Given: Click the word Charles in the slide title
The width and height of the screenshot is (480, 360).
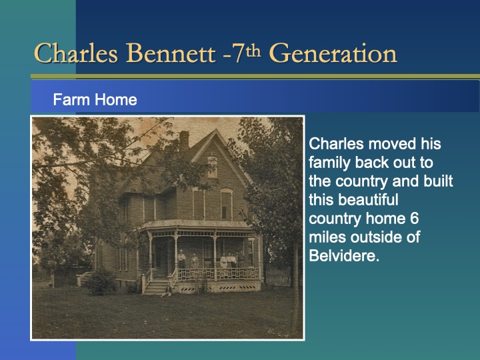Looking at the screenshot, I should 75,53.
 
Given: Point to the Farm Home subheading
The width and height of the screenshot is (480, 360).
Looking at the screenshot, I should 95,100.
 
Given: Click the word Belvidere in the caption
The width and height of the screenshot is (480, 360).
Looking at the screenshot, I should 344,255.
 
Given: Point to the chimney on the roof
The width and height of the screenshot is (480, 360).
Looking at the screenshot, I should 184,139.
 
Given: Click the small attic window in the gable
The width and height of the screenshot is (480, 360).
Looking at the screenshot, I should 212,166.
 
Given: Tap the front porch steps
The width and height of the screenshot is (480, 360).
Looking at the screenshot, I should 157,287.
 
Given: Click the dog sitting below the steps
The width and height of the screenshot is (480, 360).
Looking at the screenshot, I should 169,294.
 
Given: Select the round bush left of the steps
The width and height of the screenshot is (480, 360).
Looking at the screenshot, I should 101,281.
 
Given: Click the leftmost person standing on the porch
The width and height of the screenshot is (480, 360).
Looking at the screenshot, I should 181,259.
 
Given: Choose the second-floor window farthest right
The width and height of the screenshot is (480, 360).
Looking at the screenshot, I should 227,203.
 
